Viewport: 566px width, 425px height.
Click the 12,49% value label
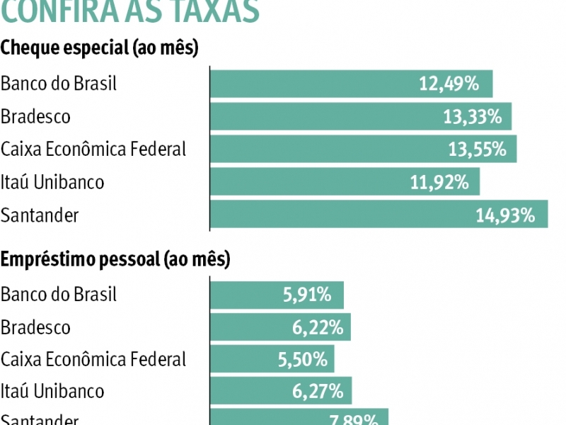click(449, 84)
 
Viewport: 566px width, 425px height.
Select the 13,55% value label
click(477, 149)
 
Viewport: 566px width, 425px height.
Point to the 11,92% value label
click(439, 182)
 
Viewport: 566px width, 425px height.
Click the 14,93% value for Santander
click(505, 215)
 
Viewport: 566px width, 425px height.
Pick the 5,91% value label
click(307, 295)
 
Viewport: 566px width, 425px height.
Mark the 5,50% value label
click(303, 360)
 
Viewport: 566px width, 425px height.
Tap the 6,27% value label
click(320, 391)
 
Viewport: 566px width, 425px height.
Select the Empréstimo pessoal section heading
click(115, 259)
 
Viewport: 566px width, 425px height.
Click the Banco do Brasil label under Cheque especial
click(59, 84)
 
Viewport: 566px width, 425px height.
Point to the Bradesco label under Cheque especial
click(35, 116)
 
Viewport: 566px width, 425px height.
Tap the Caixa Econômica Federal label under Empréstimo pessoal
click(93, 360)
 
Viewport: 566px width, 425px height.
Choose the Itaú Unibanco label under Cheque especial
click(52, 182)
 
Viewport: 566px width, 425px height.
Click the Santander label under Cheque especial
click(40, 215)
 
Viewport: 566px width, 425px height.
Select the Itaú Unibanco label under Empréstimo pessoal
click(52, 391)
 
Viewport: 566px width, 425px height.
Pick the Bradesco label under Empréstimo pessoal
click(35, 327)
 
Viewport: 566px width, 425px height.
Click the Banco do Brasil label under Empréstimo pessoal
click(59, 295)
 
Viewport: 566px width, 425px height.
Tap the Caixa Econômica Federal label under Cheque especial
click(93, 149)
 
